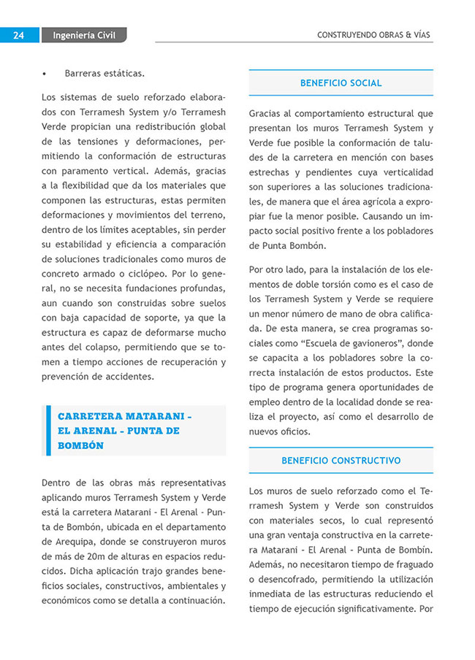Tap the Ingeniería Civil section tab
(84, 35)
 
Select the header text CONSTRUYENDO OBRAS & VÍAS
(373, 35)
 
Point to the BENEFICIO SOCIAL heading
(341, 83)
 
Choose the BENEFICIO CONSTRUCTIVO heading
(341, 461)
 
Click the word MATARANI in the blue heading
(148, 416)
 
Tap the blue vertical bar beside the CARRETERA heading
(48, 431)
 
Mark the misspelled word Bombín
(414, 550)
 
